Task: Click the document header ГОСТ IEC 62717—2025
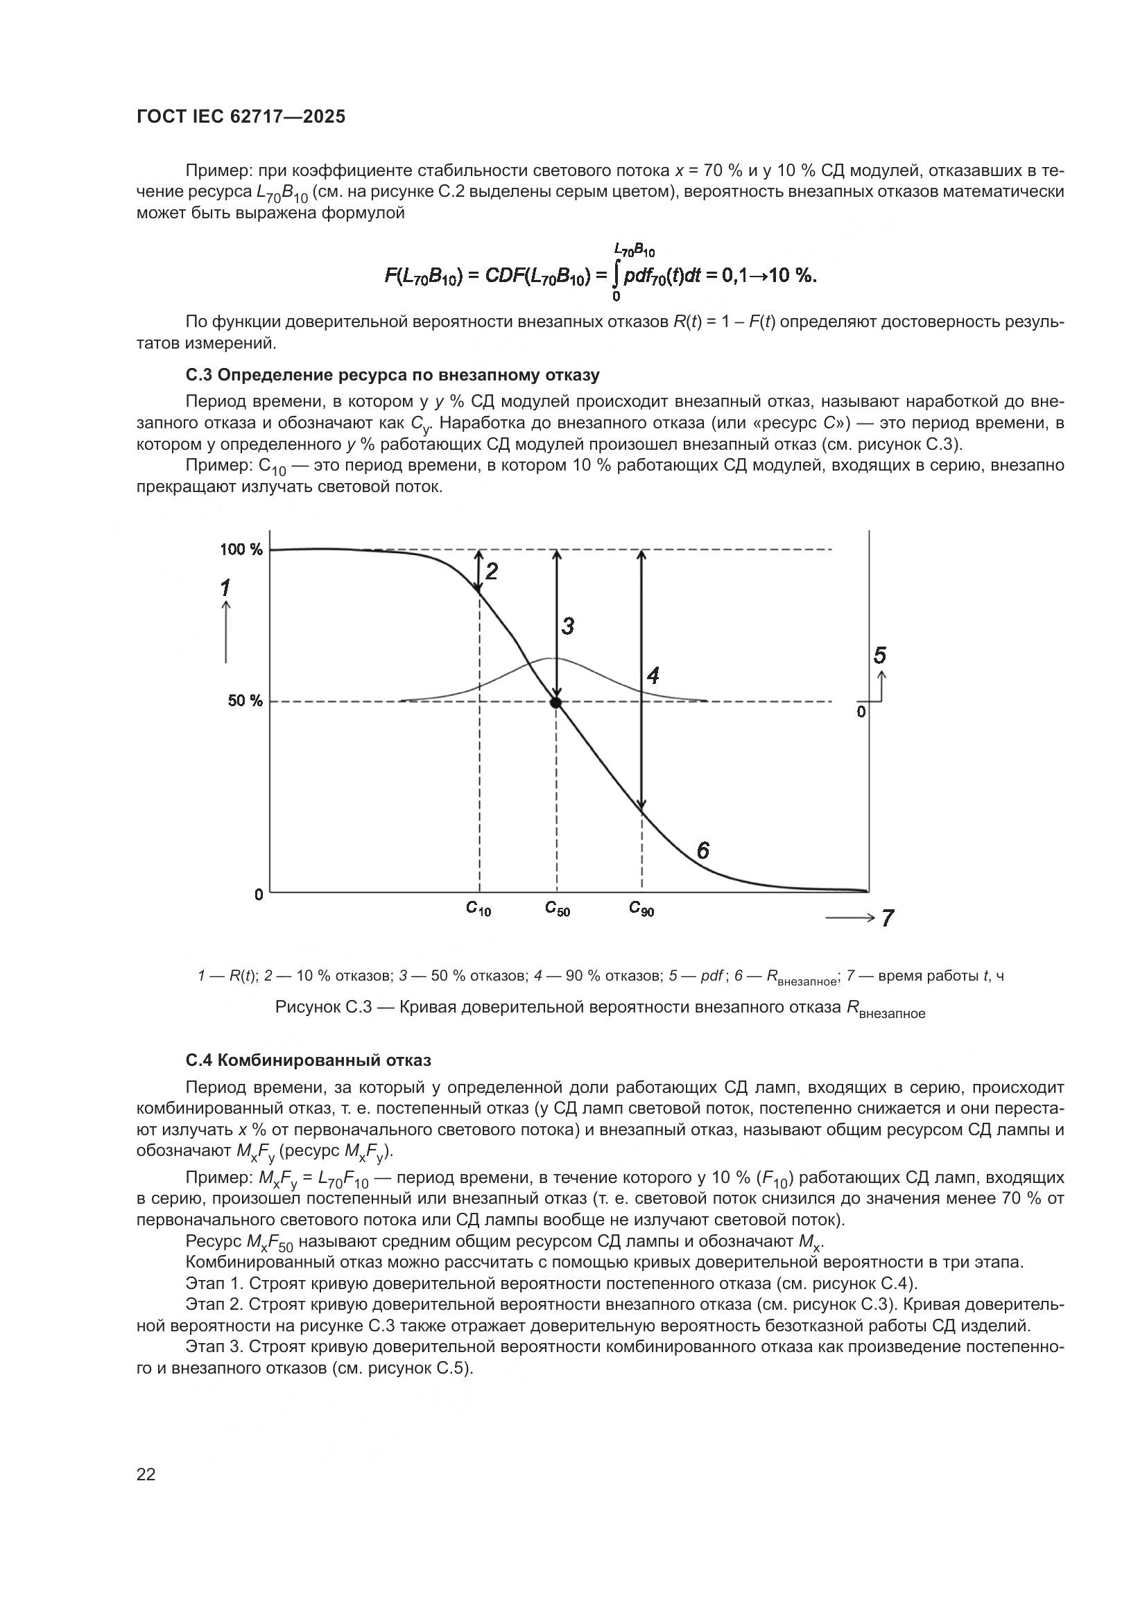click(x=241, y=117)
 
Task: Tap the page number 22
click(x=146, y=1474)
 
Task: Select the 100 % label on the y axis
click(x=240, y=550)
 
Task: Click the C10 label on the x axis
click(x=478, y=909)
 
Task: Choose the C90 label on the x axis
click(x=641, y=909)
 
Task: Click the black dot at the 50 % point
click(x=555, y=703)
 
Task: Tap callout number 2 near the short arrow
click(x=492, y=571)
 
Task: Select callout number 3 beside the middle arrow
click(x=567, y=626)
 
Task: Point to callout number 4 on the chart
click(x=653, y=676)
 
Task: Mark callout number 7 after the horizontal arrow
click(x=887, y=918)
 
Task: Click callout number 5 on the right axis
click(x=879, y=655)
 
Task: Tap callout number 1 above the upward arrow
click(x=225, y=588)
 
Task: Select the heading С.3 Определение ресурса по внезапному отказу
click(x=393, y=374)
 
